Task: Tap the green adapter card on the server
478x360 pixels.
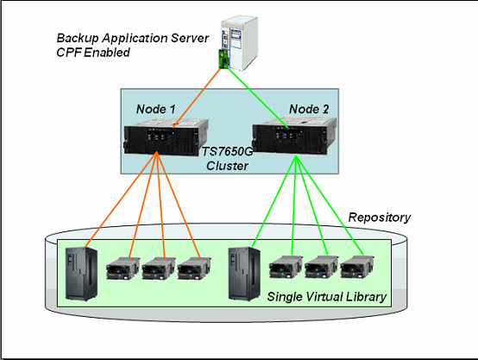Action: [223, 60]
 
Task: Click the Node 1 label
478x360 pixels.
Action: [156, 109]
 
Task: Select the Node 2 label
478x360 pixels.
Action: [309, 109]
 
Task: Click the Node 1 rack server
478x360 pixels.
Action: [167, 137]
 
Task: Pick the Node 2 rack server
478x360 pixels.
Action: [294, 136]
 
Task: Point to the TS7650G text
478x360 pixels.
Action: [228, 151]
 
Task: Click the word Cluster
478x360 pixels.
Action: [228, 166]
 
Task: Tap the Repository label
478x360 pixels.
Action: [380, 218]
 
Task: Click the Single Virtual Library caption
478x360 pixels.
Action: [327, 296]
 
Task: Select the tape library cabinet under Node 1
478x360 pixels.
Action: [81, 274]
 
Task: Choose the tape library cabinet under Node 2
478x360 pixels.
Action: [244, 274]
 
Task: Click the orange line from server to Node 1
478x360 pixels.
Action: [197, 98]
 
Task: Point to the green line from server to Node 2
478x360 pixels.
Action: [258, 98]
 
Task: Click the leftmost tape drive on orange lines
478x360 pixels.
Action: [123, 268]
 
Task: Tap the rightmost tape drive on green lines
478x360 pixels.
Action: [357, 267]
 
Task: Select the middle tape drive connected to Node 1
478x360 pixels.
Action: [159, 268]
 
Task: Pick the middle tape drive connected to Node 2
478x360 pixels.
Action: [321, 267]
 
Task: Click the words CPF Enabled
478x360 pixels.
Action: [93, 53]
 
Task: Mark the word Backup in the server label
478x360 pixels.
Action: [78, 39]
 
